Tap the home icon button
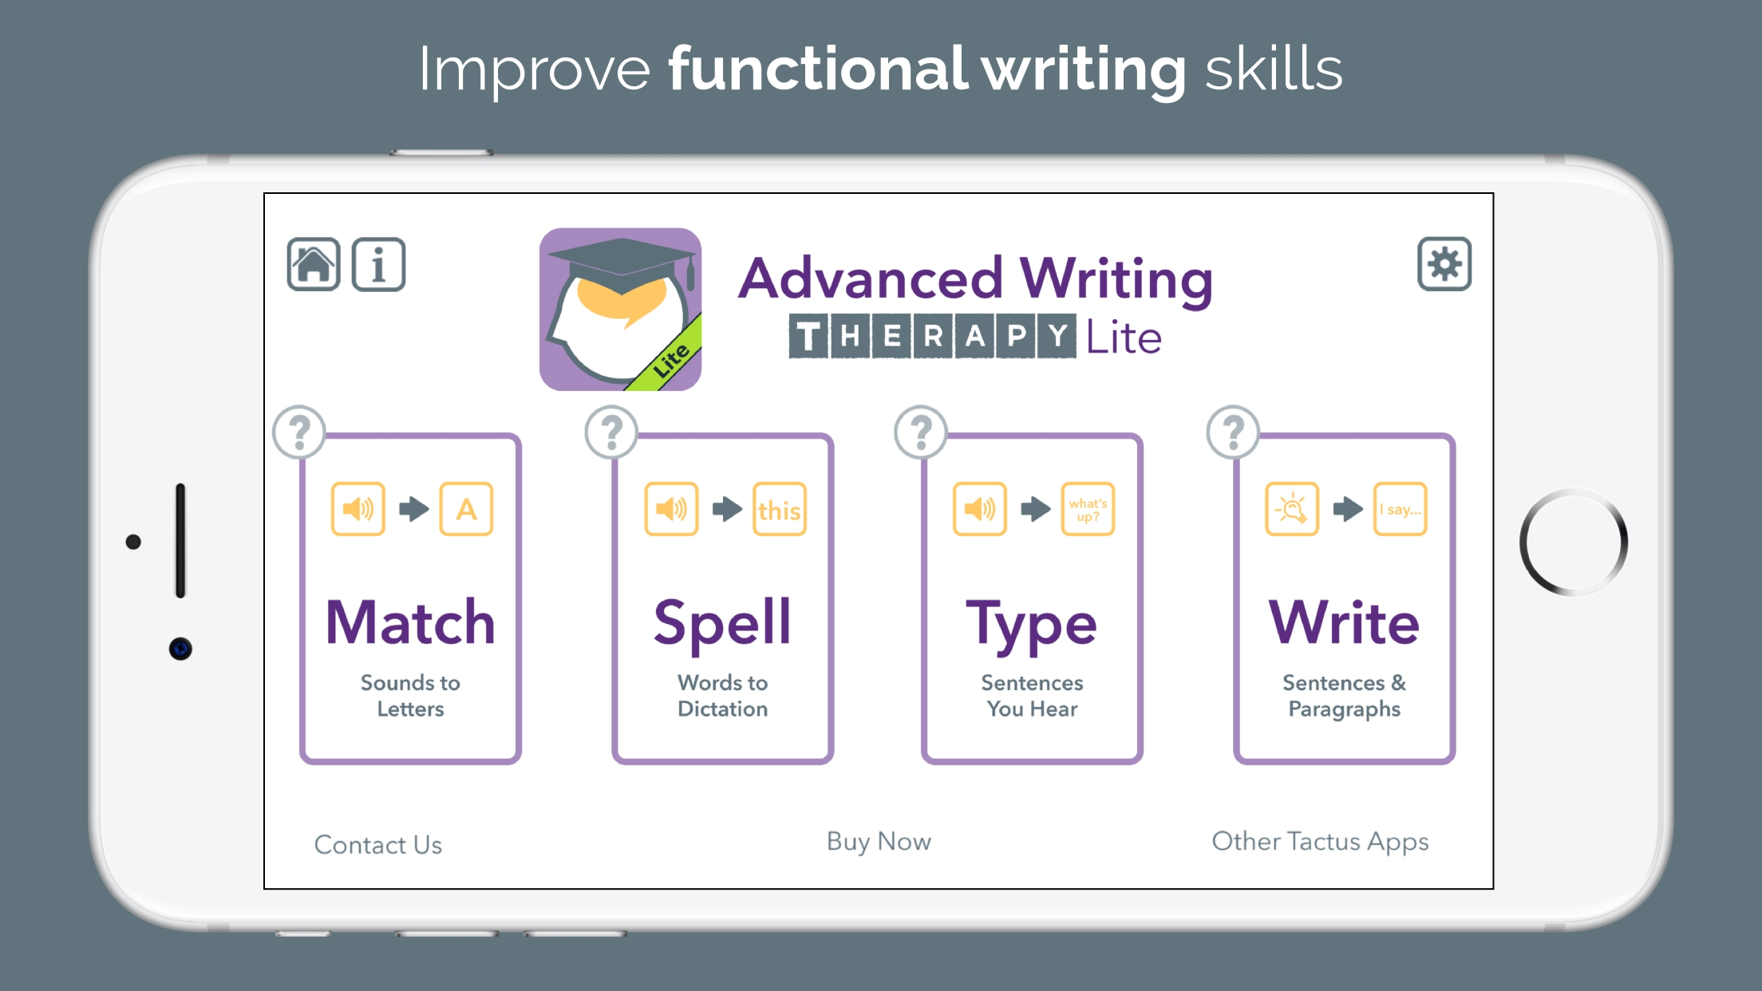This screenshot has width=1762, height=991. pos(314,264)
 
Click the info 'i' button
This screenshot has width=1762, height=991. pos(378,264)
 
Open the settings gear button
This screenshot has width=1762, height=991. pos(1444,263)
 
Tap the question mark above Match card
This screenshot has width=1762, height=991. pos(299,432)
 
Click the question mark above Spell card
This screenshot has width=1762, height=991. pos(611,432)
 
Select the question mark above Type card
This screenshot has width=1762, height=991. pos(921,432)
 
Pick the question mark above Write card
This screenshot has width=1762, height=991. pos(1233,432)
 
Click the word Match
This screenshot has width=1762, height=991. pos(411,622)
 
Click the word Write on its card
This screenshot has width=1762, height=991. pos(1344,622)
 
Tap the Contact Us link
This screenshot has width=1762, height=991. pos(378,844)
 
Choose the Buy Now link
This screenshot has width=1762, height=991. pos(879,843)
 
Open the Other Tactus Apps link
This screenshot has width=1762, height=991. pos(1320,843)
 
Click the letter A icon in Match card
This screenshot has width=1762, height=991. pos(466,509)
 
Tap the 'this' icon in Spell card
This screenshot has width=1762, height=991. pos(779,509)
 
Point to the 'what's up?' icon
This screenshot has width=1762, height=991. pos(1088,509)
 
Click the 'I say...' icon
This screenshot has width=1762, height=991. pos(1400,509)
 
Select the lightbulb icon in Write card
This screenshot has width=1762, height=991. pos(1292,509)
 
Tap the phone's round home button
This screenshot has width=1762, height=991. pos(1574,543)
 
